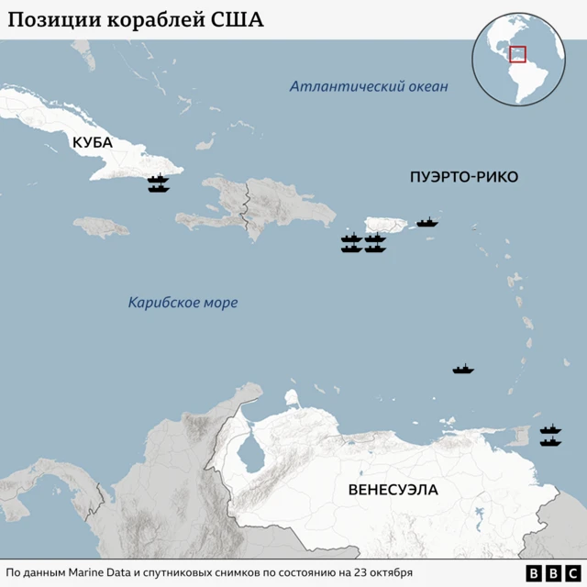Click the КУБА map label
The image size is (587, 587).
click(x=93, y=142)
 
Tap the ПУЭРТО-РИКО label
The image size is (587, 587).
click(x=463, y=177)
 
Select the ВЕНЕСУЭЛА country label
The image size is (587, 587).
click(x=393, y=490)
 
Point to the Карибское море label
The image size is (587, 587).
click(x=183, y=302)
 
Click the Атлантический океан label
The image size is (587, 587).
click(x=369, y=87)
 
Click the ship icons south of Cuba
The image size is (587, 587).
click(x=159, y=183)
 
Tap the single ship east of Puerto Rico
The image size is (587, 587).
click(x=427, y=222)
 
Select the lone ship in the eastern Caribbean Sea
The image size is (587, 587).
click(x=463, y=370)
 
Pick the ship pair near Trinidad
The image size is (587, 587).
click(x=550, y=436)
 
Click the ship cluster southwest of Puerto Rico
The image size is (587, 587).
click(x=363, y=244)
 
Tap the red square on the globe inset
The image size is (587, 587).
click(x=518, y=54)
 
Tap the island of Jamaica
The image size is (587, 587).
click(x=101, y=225)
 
